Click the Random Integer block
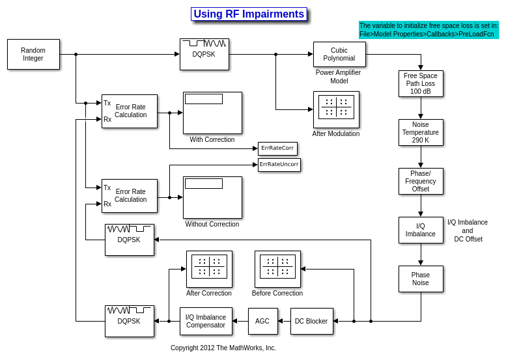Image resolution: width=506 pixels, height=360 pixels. tap(33, 54)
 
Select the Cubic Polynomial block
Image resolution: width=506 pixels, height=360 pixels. tap(339, 54)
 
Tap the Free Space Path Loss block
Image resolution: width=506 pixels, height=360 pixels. tap(421, 83)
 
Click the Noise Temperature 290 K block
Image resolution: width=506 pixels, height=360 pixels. tap(421, 132)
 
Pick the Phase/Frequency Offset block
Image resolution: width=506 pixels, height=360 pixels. tap(421, 181)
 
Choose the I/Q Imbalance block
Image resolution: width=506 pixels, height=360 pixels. tap(421, 230)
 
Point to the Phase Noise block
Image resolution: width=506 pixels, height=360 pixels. tap(421, 279)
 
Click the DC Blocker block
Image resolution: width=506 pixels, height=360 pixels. tap(311, 321)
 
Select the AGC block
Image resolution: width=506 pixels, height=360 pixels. tap(262, 321)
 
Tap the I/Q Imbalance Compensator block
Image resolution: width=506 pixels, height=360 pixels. tap(206, 321)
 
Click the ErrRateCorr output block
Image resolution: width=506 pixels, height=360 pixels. tap(277, 148)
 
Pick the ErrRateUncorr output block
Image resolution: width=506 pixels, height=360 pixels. tap(279, 165)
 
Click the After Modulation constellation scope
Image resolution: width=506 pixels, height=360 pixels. tap(336, 109)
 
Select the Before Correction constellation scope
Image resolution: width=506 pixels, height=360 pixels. tap(277, 269)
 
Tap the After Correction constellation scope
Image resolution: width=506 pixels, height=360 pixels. tap(209, 269)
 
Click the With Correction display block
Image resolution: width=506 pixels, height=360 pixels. tap(212, 113)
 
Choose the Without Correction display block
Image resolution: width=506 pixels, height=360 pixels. tap(212, 197)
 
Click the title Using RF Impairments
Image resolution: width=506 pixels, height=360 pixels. tap(249, 14)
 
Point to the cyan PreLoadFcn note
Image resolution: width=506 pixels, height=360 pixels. tap(429, 30)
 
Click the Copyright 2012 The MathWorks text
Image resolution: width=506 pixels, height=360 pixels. tap(223, 348)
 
